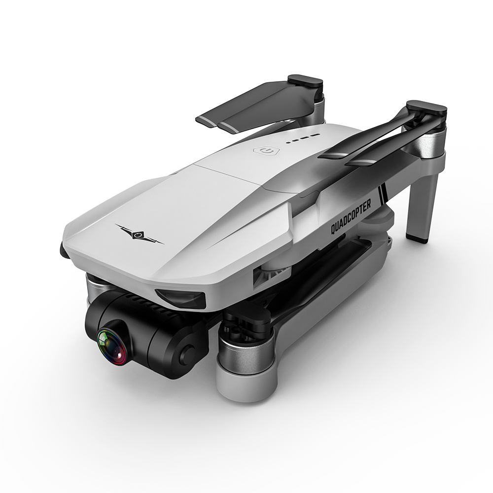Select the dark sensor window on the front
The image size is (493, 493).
point(180,298)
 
